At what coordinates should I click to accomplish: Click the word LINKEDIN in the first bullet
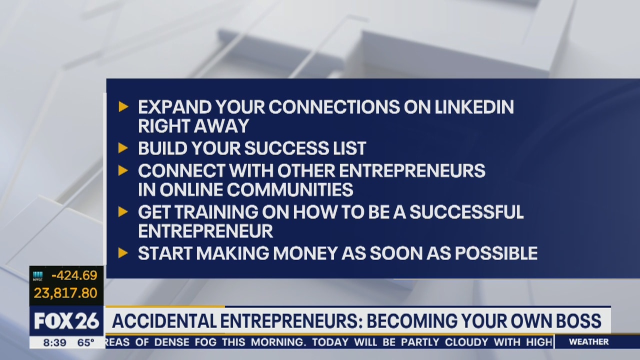point(474,107)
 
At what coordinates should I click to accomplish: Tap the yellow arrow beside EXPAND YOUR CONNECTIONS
point(123,106)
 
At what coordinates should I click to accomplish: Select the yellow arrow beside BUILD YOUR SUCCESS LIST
point(123,147)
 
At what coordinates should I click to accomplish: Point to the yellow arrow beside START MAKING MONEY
point(123,253)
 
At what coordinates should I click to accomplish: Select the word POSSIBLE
point(496,253)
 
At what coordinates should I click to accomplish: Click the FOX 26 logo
point(66,321)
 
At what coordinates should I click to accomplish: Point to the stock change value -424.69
point(74,275)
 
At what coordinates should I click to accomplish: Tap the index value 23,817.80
point(65,293)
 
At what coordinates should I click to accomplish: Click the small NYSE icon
point(37,276)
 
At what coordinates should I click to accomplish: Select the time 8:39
point(55,342)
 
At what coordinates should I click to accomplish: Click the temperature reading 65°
point(85,342)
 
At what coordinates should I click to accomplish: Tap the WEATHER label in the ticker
point(589,341)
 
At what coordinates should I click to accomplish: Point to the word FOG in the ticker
point(206,342)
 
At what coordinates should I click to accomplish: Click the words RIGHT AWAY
point(193,125)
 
